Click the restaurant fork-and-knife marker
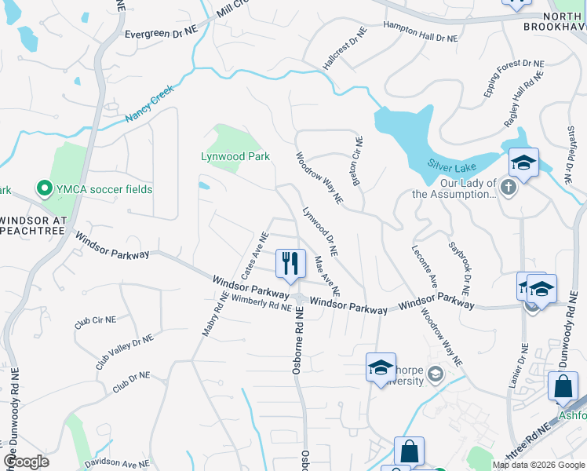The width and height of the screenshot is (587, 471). coord(290,263)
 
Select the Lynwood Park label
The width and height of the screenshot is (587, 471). coord(235,156)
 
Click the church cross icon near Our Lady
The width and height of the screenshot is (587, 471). coord(509,187)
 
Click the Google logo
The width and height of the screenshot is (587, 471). coord(26,462)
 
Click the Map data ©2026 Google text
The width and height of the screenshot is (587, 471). coord(538,465)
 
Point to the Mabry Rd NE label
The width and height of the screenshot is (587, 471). coord(213,315)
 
